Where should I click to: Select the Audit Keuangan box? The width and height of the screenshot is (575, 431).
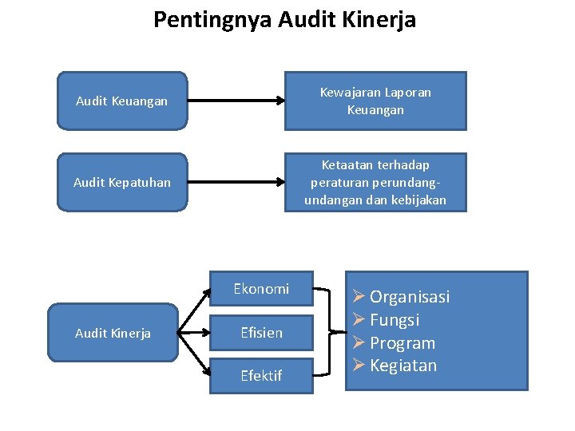[x=122, y=101]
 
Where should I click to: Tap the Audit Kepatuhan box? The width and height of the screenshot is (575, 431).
[x=122, y=182]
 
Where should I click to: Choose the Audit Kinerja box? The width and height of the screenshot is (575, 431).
[x=113, y=333]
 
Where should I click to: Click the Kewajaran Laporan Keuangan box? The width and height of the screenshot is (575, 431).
[x=375, y=101]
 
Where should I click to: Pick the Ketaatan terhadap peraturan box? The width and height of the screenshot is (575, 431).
[x=375, y=182]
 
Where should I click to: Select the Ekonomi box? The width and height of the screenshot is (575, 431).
[x=261, y=289]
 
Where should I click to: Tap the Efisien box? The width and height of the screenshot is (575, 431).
[x=261, y=333]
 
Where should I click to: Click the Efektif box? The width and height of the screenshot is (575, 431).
[x=261, y=375]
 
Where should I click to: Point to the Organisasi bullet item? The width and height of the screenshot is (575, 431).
[x=409, y=297]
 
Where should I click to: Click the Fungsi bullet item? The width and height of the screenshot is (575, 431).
[x=395, y=320]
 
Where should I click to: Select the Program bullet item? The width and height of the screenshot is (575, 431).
[x=402, y=343]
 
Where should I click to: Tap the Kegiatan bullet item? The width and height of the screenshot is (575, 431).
[x=403, y=366]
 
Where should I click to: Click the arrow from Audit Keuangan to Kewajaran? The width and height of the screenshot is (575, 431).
[x=236, y=101]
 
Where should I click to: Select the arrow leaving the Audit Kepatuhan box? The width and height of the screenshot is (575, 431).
[x=236, y=182]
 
